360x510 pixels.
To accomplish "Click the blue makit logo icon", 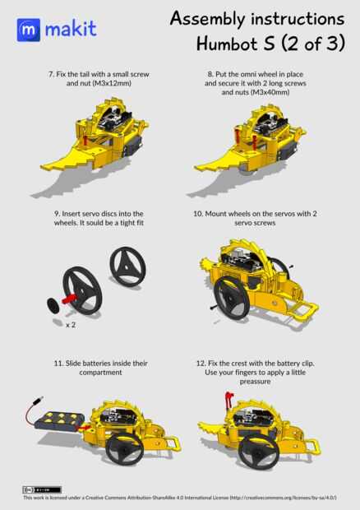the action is pyautogui.click(x=29, y=30).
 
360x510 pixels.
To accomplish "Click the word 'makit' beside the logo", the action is pyautogui.click(x=71, y=29).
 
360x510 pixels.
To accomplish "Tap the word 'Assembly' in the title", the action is pyautogui.click(x=207, y=19).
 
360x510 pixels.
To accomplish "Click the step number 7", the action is pyautogui.click(x=51, y=74).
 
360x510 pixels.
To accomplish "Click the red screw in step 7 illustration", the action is pyautogui.click(x=85, y=141).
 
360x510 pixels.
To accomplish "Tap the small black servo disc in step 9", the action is pyautogui.click(x=53, y=305).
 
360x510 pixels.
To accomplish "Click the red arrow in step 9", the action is pyautogui.click(x=68, y=299).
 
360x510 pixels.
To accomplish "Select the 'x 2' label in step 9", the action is pyautogui.click(x=71, y=325).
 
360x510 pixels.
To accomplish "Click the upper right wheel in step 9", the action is pyautogui.click(x=127, y=267).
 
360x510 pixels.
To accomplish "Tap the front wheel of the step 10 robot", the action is pyautogui.click(x=232, y=297).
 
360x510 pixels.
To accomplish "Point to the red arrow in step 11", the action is pyautogui.click(x=85, y=428).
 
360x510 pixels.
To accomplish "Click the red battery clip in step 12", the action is pyautogui.click(x=229, y=400).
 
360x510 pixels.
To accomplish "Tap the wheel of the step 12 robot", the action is pyautogui.click(x=259, y=451).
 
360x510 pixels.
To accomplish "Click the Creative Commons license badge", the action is pyautogui.click(x=42, y=489).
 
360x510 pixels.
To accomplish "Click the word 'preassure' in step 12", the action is pyautogui.click(x=255, y=382).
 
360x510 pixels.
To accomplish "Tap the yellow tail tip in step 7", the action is pyautogui.click(x=43, y=168).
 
